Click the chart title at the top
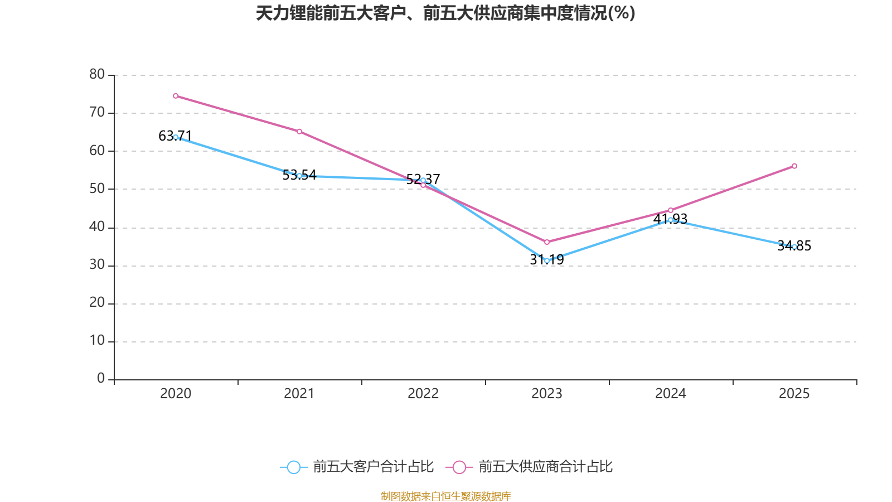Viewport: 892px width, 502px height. coord(445,13)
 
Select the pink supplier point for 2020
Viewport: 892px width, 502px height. coord(176,96)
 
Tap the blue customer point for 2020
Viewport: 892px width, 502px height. coord(176,137)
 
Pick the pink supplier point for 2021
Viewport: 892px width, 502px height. coord(299,132)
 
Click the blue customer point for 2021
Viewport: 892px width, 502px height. coord(299,176)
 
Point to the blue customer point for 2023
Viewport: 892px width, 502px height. coord(547,260)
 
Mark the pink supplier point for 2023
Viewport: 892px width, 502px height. coord(547,242)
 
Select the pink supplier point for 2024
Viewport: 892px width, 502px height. coord(671,210)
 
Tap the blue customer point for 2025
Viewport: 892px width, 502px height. coord(794,247)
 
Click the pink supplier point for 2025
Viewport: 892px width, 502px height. coord(794,166)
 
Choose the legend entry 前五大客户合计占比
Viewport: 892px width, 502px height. coord(357,467)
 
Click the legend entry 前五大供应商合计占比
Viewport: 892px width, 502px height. coord(530,467)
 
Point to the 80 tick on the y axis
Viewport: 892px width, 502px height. coord(97,74)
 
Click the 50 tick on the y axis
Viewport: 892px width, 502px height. coord(97,189)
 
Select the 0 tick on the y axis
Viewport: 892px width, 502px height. coord(101,379)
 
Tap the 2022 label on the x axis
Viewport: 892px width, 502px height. coord(423,394)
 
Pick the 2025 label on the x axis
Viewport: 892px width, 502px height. coord(794,394)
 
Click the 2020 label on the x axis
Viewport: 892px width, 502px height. coord(176,394)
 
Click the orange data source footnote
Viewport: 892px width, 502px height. coord(445,496)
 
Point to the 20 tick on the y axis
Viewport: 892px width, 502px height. coord(97,303)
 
